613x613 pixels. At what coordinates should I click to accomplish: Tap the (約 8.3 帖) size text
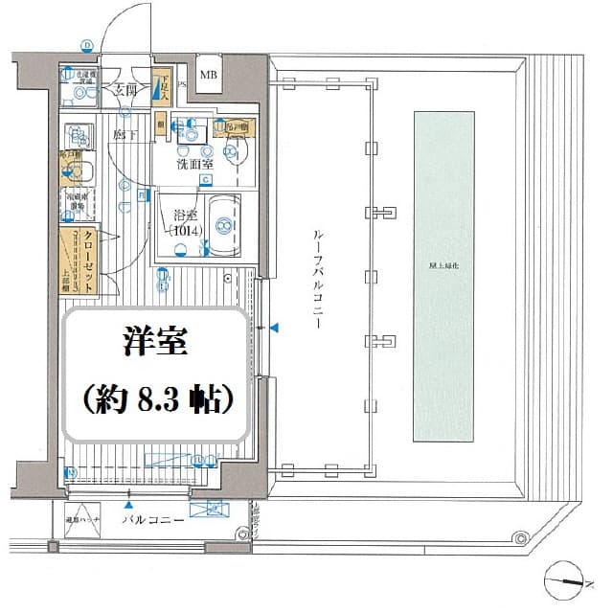coord(153,398)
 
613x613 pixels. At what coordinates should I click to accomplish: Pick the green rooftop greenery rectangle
coord(443,276)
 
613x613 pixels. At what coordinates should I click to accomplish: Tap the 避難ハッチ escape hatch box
coord(81,520)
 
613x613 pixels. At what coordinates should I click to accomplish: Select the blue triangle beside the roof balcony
coord(274,329)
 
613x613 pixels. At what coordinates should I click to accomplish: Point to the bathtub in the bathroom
coord(223,226)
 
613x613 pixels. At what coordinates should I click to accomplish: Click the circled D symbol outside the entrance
coord(86,45)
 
